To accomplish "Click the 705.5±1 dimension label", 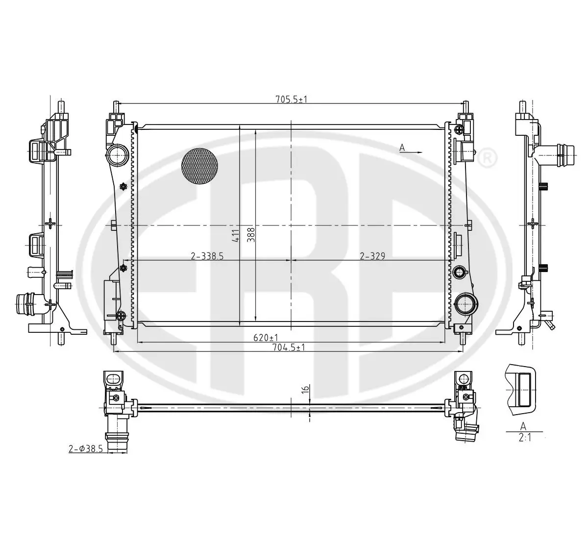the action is click(292, 99).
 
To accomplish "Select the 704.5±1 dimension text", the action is click(289, 347).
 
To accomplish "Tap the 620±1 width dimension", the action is click(266, 338).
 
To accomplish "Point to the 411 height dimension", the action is click(235, 236).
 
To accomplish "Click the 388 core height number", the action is click(251, 235).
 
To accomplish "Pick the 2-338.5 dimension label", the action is click(207, 256).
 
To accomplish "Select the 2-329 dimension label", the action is click(372, 256).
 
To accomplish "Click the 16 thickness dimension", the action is click(306, 389).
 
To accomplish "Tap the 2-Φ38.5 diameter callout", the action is click(86, 449).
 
